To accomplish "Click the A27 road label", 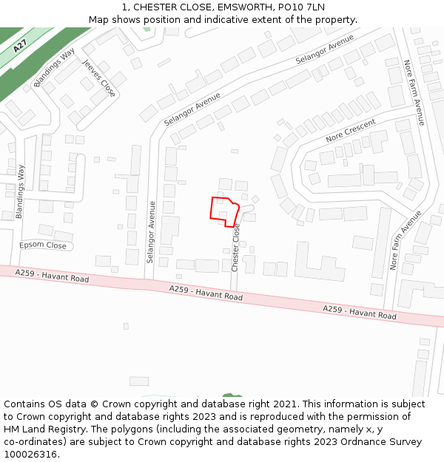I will (x=20, y=45).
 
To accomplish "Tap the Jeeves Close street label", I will (x=98, y=78).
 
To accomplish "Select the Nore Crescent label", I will (x=351, y=130).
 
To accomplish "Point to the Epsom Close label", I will (x=43, y=245).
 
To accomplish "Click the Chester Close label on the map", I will (x=236, y=248).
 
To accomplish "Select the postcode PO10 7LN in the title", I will (x=304, y=7).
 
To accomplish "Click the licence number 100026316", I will (x=31, y=455).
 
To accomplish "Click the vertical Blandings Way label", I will (x=20, y=190).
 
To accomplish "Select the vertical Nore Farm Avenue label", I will (x=413, y=92).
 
